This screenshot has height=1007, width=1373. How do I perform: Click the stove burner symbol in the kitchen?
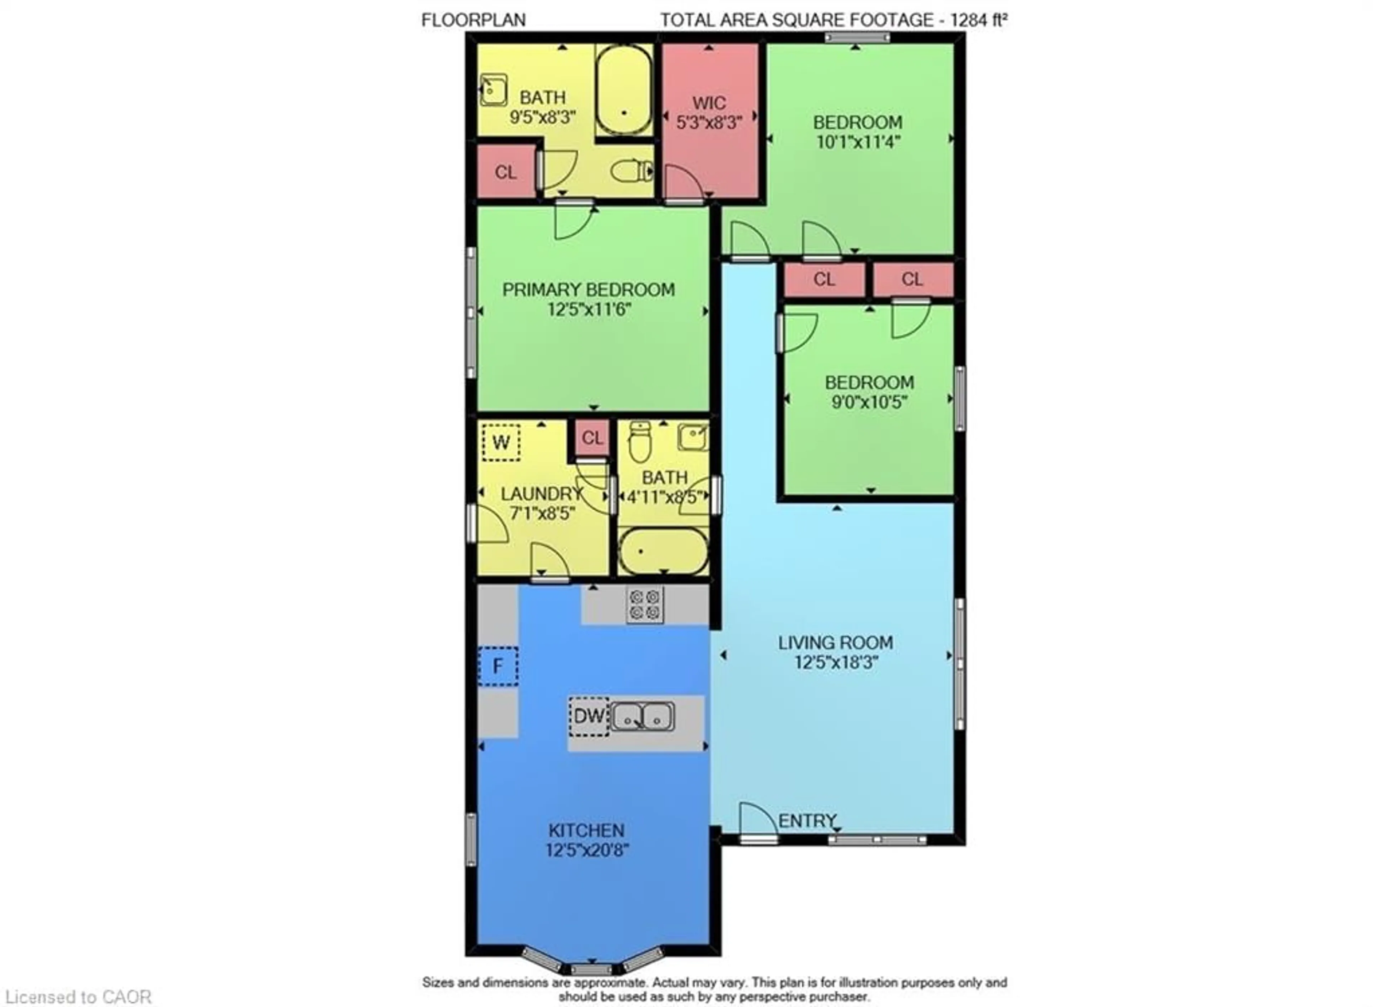tap(645, 604)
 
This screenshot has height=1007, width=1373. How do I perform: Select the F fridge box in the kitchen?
tap(498, 666)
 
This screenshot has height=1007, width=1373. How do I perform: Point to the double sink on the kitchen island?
tap(642, 716)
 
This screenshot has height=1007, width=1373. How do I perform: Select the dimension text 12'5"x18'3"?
tap(836, 662)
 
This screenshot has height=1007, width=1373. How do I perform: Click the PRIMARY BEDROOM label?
tap(588, 290)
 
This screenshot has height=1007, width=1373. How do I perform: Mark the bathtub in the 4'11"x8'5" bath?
tap(663, 551)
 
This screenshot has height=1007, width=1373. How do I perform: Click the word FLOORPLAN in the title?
tap(473, 20)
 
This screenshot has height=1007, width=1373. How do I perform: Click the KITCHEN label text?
tap(586, 830)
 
